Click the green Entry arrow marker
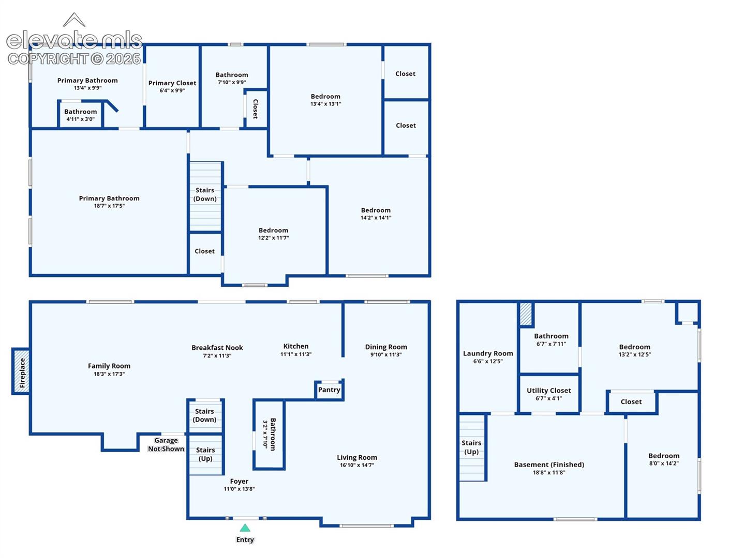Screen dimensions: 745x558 coord(245,528)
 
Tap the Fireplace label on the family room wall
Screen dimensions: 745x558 coord(22,373)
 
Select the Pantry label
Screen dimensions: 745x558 coord(329,390)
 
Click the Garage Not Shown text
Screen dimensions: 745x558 coord(166,444)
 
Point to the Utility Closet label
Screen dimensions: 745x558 coord(548,390)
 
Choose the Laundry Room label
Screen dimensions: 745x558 coord(488,353)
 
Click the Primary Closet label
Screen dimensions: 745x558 coord(172,83)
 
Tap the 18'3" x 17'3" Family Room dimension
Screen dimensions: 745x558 coord(109,374)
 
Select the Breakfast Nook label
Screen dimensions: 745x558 coord(217,348)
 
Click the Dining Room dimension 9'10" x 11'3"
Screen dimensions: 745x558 coord(386,354)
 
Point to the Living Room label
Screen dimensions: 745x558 coord(356,457)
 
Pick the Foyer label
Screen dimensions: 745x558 coord(239,481)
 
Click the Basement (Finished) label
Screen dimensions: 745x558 coord(549,464)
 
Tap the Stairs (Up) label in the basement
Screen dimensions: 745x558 coord(471,447)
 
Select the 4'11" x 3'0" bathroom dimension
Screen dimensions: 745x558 coord(80,119)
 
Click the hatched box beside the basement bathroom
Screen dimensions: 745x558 coord(526,314)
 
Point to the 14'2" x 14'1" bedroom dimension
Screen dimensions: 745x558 coord(376,218)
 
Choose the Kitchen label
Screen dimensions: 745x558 coord(295,346)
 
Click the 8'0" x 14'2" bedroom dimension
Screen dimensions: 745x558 coord(664,463)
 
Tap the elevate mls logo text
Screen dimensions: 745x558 coord(74,40)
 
